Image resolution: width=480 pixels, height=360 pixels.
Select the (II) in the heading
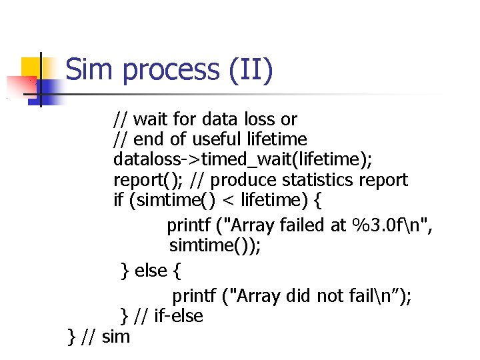point(249,71)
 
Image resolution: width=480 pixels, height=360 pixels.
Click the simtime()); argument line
point(215,245)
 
